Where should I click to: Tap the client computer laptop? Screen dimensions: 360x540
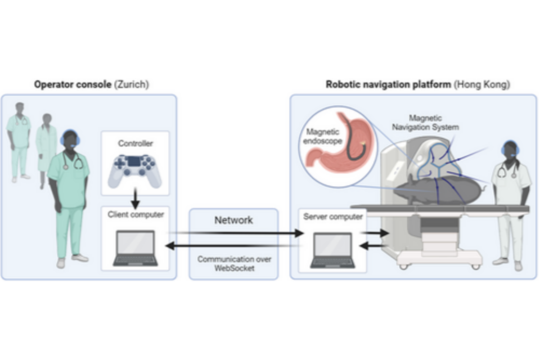[135, 248]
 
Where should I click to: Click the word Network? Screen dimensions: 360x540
[233, 220]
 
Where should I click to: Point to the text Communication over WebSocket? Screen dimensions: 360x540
[233, 263]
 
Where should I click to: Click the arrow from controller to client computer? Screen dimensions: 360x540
[135, 197]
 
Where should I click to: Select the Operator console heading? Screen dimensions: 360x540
[73, 85]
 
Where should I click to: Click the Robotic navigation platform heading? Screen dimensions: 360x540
[388, 85]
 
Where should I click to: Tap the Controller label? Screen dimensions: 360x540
[135, 144]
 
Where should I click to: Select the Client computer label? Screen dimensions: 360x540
[135, 214]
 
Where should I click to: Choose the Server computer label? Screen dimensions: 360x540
[333, 216]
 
